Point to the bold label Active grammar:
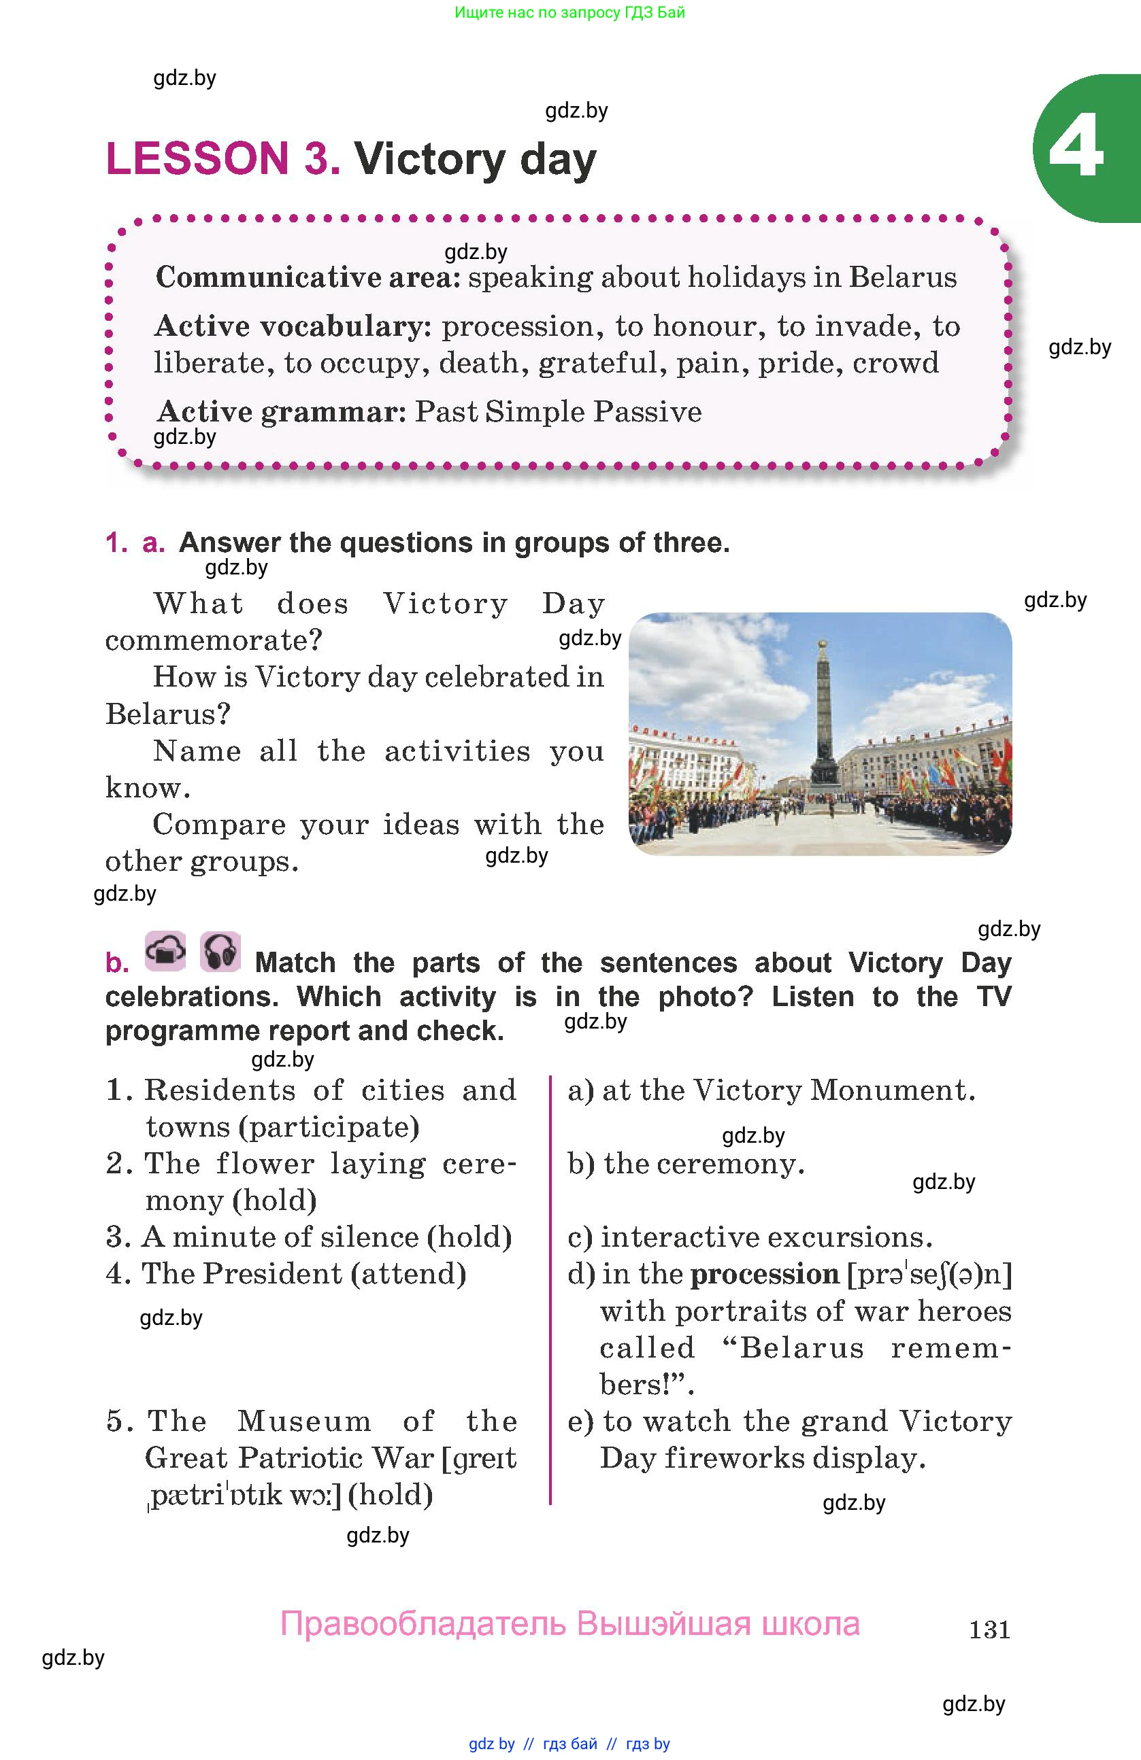tap(281, 412)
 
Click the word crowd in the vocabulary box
tap(895, 363)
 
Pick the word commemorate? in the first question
tap(214, 640)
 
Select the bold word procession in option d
tap(764, 1274)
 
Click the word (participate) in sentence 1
tap(329, 1127)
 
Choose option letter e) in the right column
tap(581, 1421)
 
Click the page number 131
tap(989, 1628)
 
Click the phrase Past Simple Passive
tap(558, 412)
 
